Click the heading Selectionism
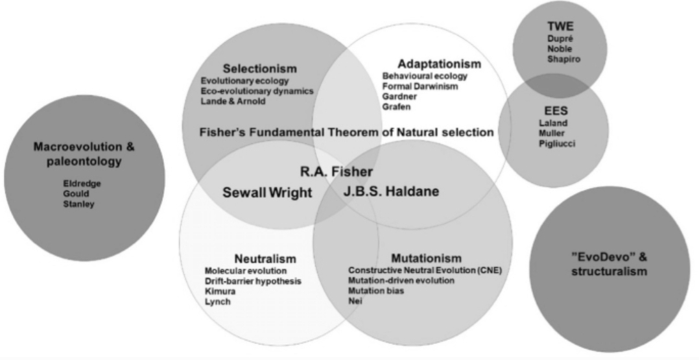[259, 69]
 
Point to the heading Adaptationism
[440, 64]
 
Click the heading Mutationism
[427, 258]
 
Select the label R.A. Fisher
[336, 172]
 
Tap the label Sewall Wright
[268, 193]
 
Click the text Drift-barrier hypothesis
[253, 281]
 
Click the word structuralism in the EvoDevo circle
[609, 272]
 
